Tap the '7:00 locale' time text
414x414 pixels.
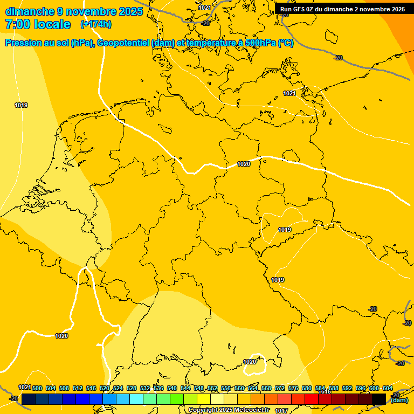point(38,24)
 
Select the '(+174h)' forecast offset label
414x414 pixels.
point(95,24)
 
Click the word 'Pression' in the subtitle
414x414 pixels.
point(25,43)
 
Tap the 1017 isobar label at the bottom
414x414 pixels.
point(281,411)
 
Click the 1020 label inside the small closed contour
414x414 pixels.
point(250,362)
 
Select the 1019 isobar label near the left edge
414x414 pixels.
point(21,105)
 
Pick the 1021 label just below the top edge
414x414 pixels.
point(204,8)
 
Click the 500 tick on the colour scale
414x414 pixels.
point(37,388)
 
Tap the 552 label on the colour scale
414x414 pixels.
point(212,388)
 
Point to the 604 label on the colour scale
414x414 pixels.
point(387,388)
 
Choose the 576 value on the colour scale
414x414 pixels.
point(293,388)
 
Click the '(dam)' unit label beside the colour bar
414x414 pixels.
point(399,400)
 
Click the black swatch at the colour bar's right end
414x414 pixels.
point(379,399)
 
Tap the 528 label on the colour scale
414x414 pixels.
point(132,388)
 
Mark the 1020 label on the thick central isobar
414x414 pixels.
point(244,164)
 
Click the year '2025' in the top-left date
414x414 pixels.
point(129,11)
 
